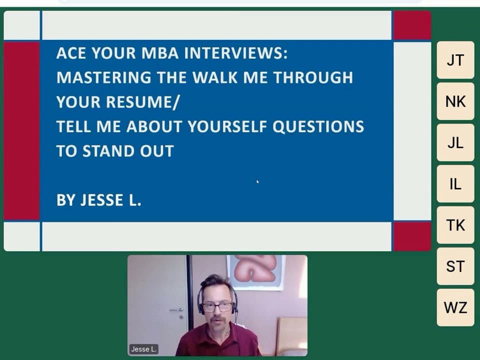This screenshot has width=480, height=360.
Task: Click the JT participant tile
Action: (x=455, y=60)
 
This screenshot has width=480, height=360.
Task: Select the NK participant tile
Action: (x=455, y=101)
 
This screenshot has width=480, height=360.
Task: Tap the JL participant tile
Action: (x=455, y=142)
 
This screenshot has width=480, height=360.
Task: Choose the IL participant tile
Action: (x=455, y=184)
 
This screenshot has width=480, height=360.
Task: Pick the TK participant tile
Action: (x=455, y=225)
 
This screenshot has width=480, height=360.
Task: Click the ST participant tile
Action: (x=455, y=266)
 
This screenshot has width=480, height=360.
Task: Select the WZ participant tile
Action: (x=455, y=307)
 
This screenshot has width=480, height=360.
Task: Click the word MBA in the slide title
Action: (x=160, y=53)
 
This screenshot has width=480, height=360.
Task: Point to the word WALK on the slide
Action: (x=215, y=77)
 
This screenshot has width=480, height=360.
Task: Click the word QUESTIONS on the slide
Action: (x=318, y=126)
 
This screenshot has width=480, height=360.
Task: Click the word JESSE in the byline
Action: (x=101, y=200)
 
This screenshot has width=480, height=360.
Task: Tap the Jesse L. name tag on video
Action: (x=143, y=349)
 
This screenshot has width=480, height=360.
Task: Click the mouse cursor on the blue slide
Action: (x=258, y=182)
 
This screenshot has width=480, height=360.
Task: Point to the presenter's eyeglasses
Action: (x=217, y=307)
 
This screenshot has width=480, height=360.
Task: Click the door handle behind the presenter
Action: (x=176, y=310)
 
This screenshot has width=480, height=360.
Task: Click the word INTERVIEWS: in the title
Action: (x=235, y=53)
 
